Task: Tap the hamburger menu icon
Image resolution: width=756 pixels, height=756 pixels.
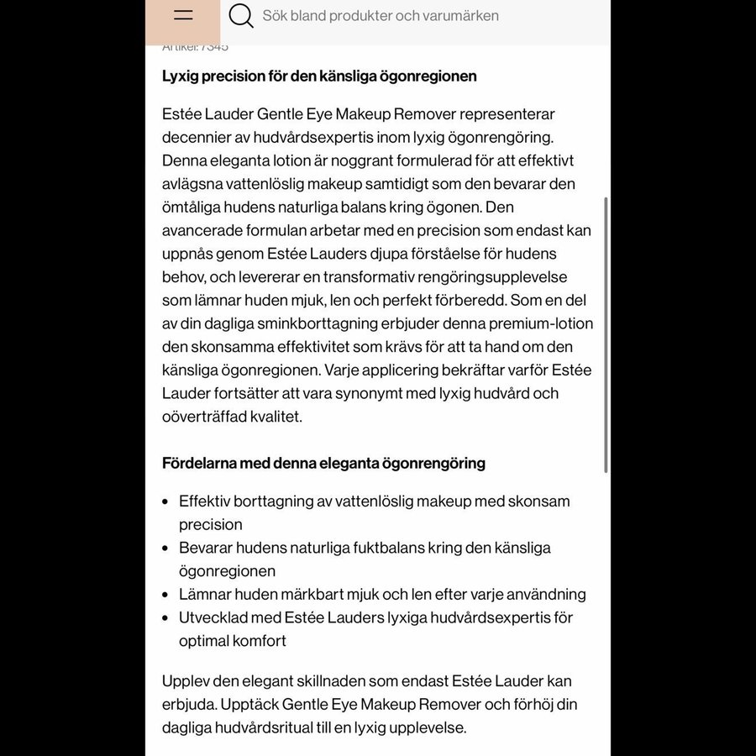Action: pos(183,16)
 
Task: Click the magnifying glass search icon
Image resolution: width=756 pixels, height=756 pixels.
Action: pos(241,16)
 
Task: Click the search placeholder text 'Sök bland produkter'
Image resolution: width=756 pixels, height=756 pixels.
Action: pos(380,16)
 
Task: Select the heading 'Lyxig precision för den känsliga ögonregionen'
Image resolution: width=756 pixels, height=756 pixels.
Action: pos(319,76)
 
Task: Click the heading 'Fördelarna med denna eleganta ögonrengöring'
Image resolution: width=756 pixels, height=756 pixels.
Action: pos(323,463)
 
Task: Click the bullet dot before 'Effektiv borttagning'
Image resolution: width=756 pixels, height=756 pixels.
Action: pos(165,501)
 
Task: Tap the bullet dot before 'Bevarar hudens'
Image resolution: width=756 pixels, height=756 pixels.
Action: pos(165,548)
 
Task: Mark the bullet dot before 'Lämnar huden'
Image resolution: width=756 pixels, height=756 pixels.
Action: pos(165,595)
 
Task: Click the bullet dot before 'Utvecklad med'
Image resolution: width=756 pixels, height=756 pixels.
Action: pos(165,617)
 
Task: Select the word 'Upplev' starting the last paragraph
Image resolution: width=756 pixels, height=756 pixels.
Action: pos(186,681)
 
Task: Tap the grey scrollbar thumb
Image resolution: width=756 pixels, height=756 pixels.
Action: pos(606,336)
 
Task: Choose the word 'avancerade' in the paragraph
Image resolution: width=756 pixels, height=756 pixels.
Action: pos(202,230)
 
